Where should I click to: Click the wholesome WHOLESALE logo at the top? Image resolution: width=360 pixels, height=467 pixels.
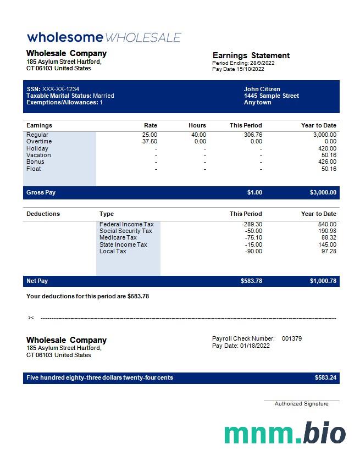(104, 37)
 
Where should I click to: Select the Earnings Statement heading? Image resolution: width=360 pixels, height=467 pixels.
(251, 55)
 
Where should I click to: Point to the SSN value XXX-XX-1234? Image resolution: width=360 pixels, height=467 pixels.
(60, 89)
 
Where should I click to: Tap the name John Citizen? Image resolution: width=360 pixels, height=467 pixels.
(262, 89)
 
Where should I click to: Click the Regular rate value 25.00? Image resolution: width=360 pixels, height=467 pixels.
(149, 135)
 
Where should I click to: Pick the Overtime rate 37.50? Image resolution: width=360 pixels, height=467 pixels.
(149, 141)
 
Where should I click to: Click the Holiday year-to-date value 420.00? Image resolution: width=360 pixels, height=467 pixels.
(327, 148)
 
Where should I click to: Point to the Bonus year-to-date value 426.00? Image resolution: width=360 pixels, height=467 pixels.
(327, 162)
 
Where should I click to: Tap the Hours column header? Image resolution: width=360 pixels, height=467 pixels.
(197, 125)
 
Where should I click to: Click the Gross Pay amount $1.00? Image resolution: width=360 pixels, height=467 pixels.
(254, 193)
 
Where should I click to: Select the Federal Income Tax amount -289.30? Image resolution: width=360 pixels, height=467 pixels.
(252, 224)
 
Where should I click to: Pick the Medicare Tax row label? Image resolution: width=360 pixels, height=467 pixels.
(118, 237)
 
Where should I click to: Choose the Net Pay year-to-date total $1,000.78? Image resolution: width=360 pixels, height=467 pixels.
(323, 281)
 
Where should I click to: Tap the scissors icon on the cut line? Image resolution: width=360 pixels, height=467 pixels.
(31, 318)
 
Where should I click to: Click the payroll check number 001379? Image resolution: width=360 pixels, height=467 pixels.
(291, 338)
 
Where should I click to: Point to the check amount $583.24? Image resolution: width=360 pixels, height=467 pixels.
(325, 378)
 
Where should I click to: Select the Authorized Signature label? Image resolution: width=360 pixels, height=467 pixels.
(301, 404)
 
